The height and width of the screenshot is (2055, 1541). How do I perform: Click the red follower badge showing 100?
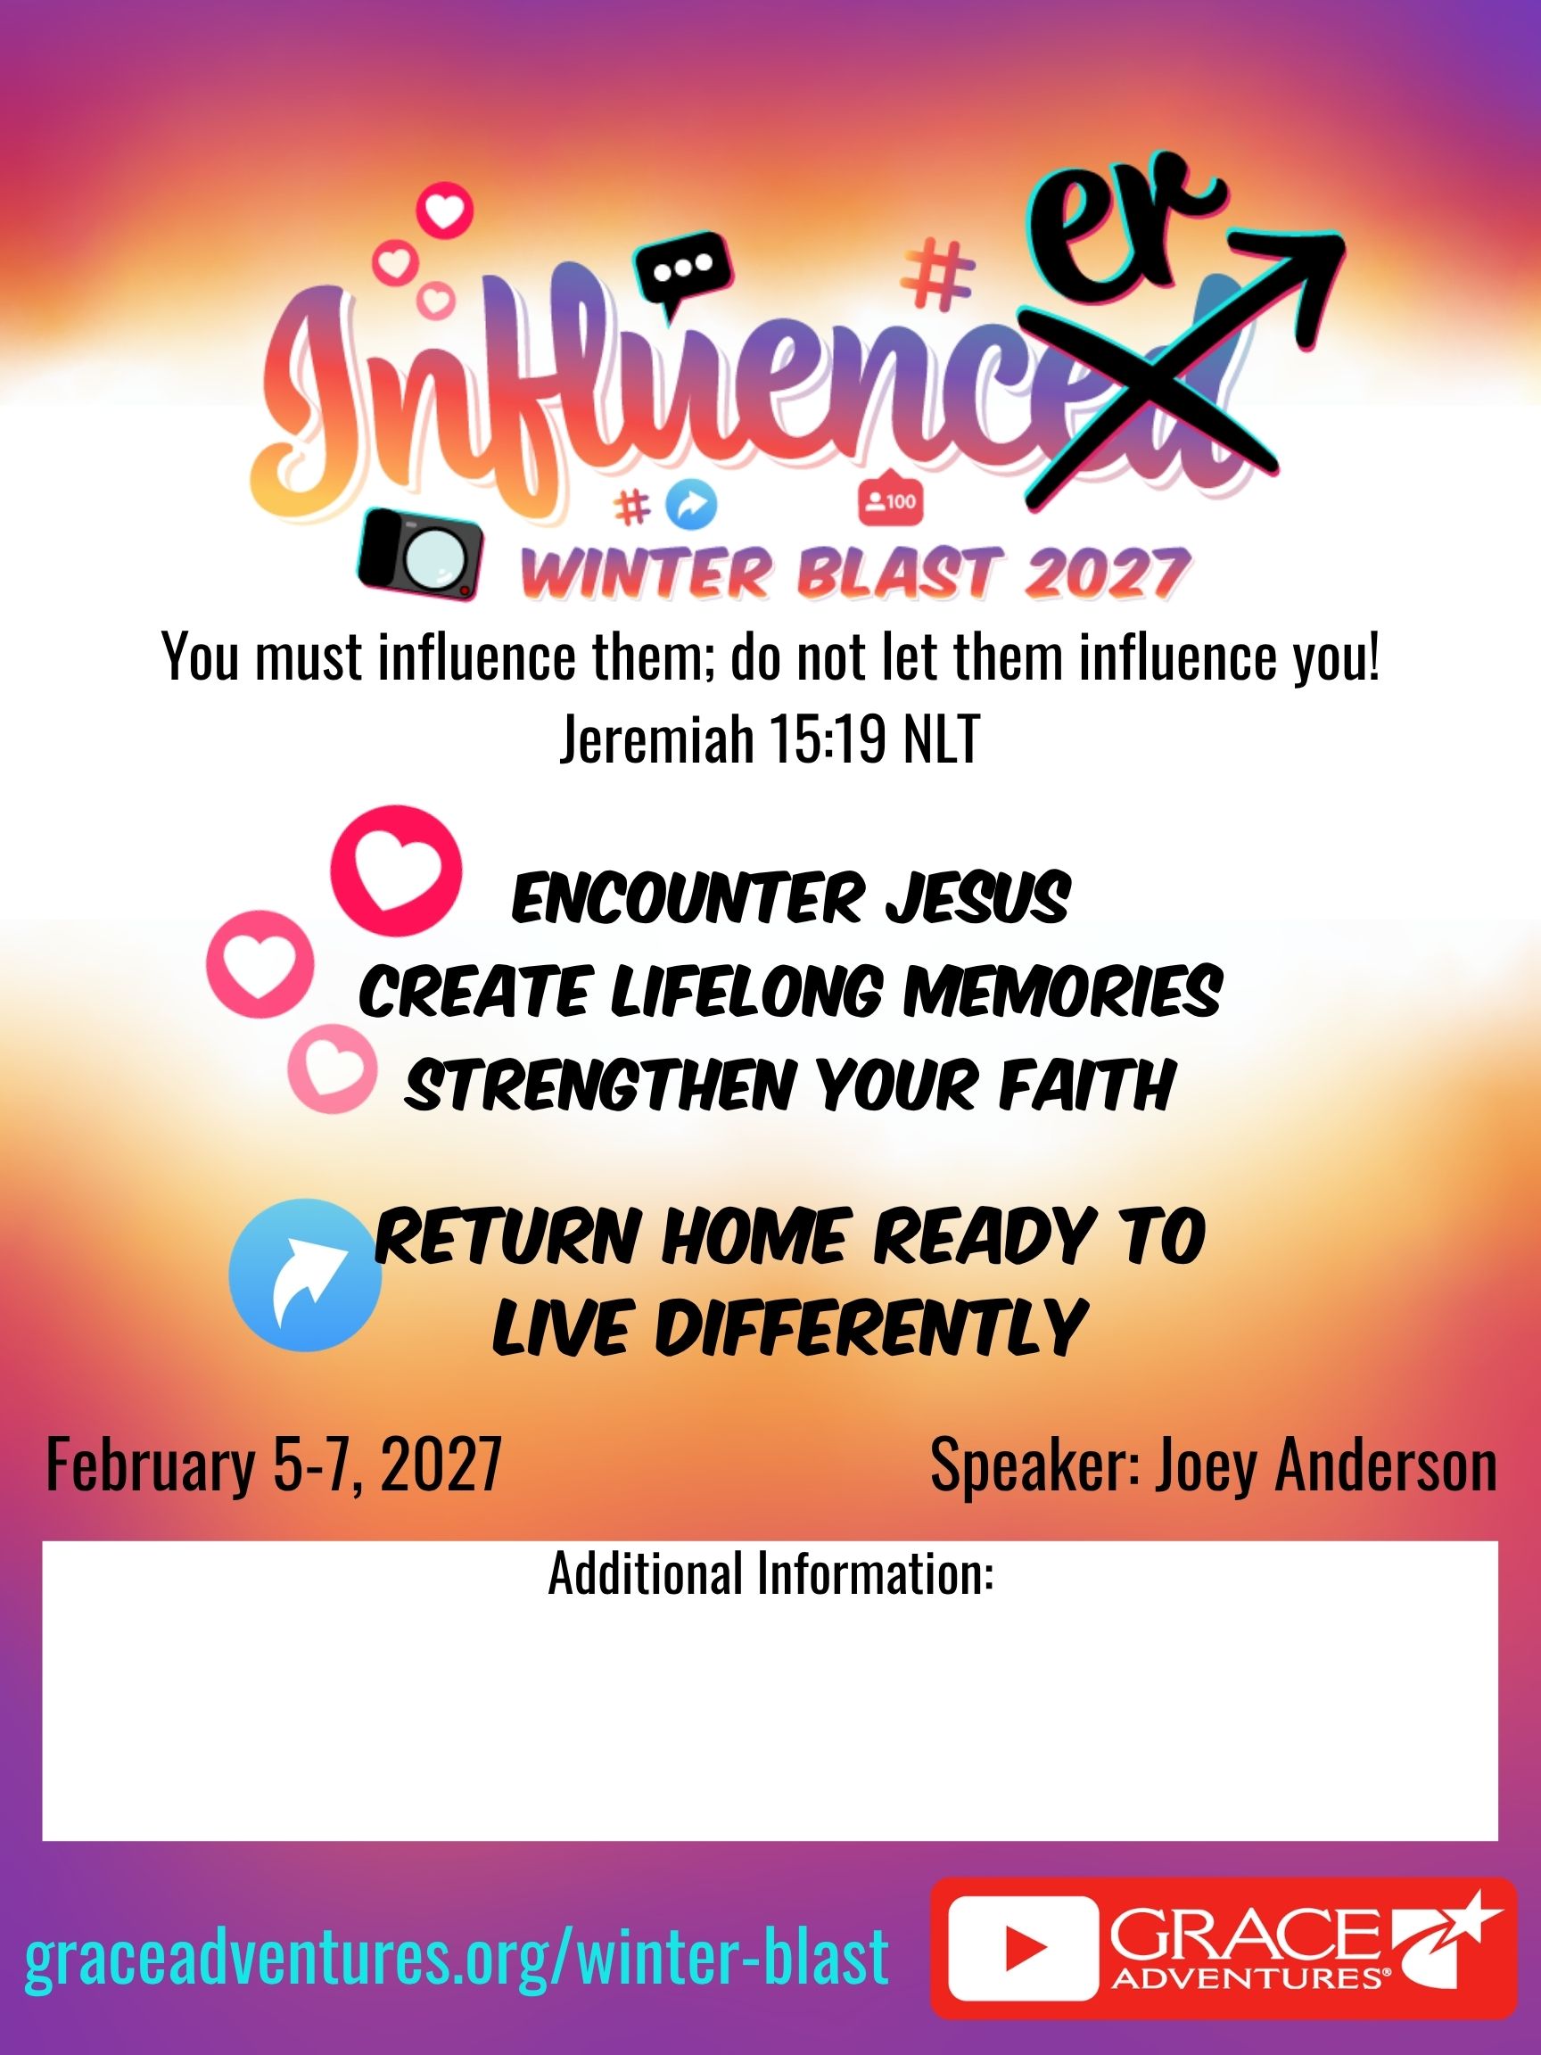(x=889, y=500)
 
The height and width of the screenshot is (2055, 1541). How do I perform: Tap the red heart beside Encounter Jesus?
(x=396, y=870)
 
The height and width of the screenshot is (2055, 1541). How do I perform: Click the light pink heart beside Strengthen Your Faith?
(x=332, y=1069)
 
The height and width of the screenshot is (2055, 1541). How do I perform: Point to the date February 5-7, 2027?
(x=274, y=1465)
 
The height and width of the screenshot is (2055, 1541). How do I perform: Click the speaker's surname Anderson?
(x=1324, y=1465)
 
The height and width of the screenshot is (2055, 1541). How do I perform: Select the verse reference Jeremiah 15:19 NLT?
(x=770, y=740)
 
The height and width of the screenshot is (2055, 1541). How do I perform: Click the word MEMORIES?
(x=1063, y=990)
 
